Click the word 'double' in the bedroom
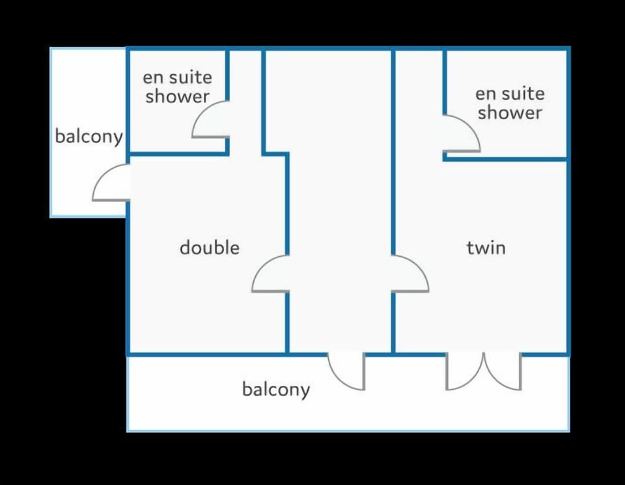(x=210, y=248)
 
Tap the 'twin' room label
(x=486, y=248)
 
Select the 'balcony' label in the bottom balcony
(x=276, y=390)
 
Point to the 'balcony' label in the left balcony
(x=89, y=136)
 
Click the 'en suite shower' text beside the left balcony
(x=177, y=87)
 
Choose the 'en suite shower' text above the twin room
(x=510, y=104)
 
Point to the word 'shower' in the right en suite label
(x=510, y=113)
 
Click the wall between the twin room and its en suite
(x=505, y=159)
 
